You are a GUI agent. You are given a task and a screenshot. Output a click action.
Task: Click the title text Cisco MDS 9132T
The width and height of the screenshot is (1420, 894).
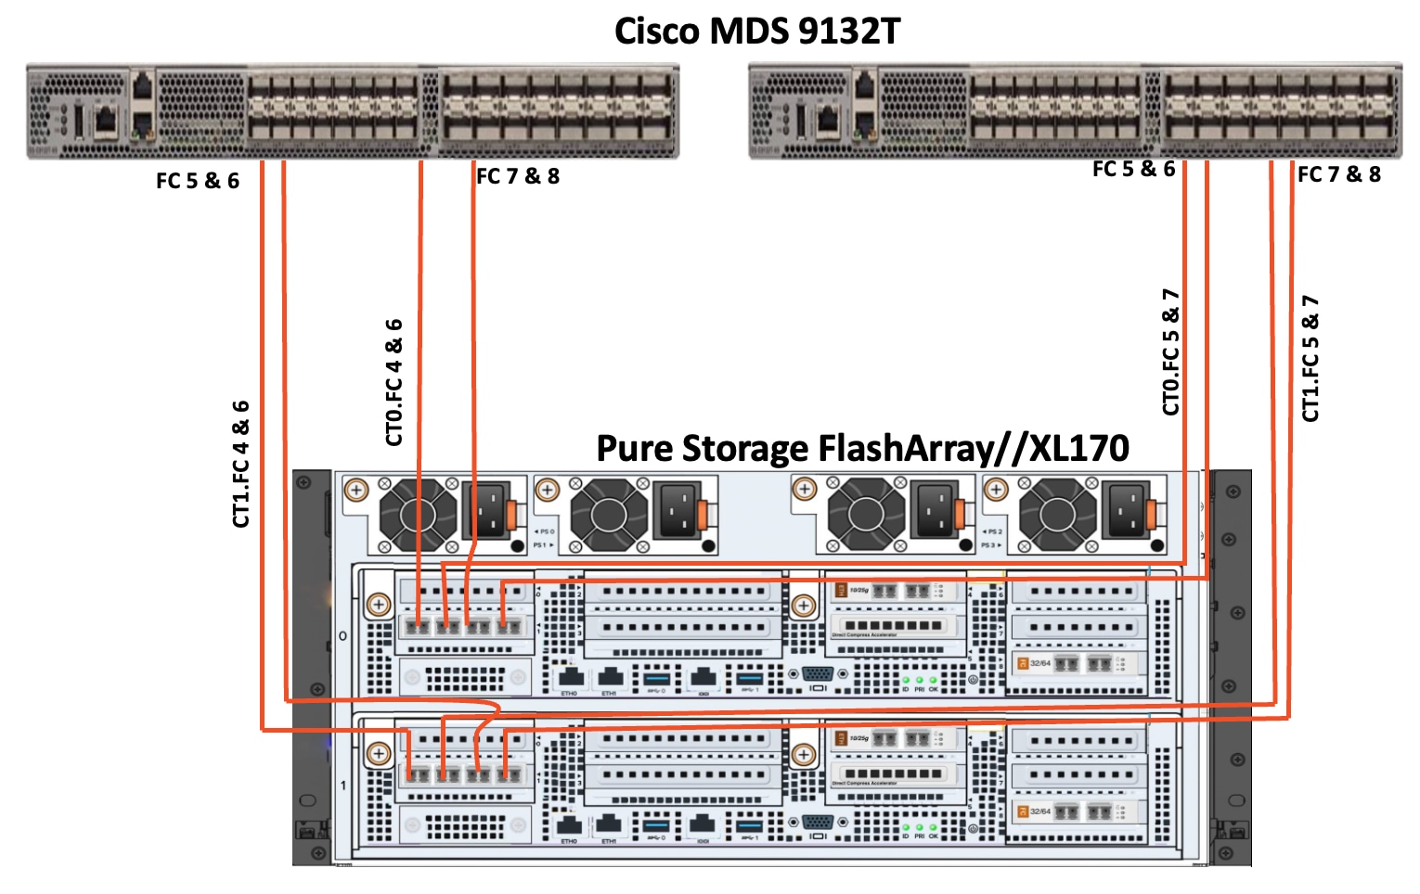point(756,32)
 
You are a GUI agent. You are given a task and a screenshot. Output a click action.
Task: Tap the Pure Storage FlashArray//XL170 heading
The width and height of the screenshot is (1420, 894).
point(862,448)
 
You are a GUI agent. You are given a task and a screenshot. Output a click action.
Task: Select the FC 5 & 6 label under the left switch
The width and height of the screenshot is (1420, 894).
point(198,181)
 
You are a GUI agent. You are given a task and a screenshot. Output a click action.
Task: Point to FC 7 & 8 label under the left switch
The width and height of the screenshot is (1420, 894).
point(518,176)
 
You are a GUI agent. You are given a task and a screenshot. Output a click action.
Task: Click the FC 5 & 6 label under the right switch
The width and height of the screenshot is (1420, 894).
point(1133,169)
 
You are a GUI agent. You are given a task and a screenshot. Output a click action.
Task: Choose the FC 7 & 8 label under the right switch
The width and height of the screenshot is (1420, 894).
point(1338,174)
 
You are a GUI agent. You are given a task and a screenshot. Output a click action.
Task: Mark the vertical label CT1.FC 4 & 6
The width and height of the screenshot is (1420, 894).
point(241,464)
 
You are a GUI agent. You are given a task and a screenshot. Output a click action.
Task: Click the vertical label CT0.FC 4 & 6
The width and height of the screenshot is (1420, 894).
point(394,382)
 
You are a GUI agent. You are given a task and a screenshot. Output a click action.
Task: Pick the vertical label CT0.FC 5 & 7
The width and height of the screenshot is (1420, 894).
point(1171,351)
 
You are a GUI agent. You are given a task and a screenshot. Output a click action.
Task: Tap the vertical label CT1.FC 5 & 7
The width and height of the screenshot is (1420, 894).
point(1310,358)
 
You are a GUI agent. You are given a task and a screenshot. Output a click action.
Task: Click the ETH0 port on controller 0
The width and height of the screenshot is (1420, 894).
point(570,678)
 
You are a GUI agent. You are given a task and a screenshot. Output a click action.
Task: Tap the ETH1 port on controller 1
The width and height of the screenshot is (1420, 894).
point(608,824)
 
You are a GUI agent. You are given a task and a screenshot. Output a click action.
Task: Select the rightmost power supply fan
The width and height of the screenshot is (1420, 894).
point(1056,514)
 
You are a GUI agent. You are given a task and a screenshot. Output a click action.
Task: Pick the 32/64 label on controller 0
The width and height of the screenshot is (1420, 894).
point(1039,663)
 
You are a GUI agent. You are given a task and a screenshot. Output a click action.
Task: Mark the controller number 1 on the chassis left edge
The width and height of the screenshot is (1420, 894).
point(342,785)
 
